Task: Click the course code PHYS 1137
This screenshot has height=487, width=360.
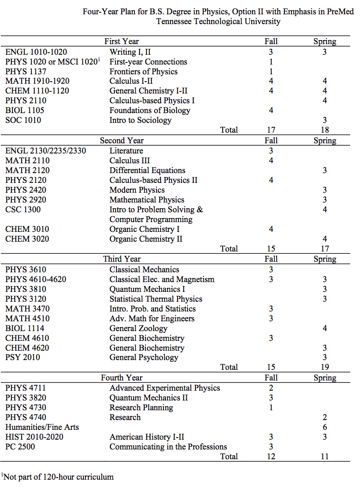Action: pyautogui.click(x=26, y=71)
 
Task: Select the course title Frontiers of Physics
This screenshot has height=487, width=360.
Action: pyautogui.click(x=143, y=71)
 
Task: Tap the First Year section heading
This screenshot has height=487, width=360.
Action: pyautogui.click(x=121, y=41)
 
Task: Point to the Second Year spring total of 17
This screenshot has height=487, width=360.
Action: pyautogui.click(x=324, y=249)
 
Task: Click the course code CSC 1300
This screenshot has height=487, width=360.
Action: pyautogui.click(x=23, y=209)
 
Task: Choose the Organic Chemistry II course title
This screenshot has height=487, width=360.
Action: pyautogui.click(x=146, y=239)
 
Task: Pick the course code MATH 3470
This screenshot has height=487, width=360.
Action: pyautogui.click(x=27, y=309)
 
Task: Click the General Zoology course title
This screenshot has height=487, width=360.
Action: pyautogui.click(x=139, y=328)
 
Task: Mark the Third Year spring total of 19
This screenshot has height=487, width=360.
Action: pyautogui.click(x=324, y=367)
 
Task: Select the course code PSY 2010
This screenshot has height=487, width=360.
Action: pyautogui.click(x=23, y=357)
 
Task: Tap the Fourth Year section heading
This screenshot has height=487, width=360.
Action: pyautogui.click(x=122, y=378)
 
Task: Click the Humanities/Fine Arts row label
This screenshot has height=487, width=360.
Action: pyautogui.click(x=42, y=427)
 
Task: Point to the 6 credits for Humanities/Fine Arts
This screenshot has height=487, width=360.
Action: pyautogui.click(x=324, y=427)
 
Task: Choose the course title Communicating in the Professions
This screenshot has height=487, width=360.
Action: pyautogui.click(x=168, y=447)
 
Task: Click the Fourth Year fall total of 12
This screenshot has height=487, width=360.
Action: pyautogui.click(x=271, y=456)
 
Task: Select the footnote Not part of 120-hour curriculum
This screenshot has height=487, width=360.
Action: pyautogui.click(x=58, y=476)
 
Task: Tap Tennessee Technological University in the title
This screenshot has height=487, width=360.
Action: pyautogui.click(x=218, y=22)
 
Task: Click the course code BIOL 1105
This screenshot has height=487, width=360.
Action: pyautogui.click(x=25, y=110)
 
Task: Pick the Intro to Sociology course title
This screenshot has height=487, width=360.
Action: pyautogui.click(x=140, y=120)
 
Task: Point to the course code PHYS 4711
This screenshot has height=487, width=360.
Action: pyautogui.click(x=26, y=388)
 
